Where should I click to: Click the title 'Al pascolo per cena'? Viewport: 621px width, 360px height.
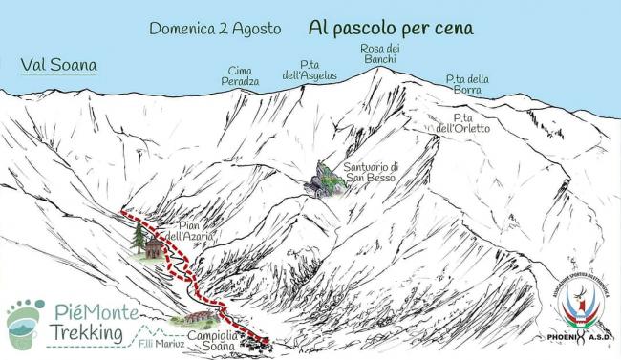(x=391, y=28)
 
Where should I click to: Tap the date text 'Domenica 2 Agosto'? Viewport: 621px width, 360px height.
(x=215, y=29)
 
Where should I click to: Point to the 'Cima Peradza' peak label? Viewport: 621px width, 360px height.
(x=241, y=76)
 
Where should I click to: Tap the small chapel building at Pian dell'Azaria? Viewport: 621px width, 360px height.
(x=154, y=247)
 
